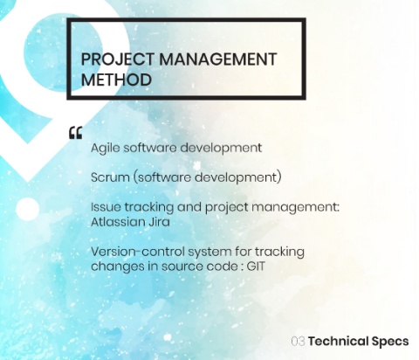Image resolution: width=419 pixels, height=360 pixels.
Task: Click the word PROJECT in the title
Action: (x=117, y=59)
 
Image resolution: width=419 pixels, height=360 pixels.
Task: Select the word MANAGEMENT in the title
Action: (x=218, y=59)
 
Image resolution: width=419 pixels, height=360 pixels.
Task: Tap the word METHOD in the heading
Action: (x=116, y=80)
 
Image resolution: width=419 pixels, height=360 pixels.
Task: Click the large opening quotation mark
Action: (x=76, y=133)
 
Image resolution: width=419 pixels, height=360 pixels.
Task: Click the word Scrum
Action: (x=110, y=177)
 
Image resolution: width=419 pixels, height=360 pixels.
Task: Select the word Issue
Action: (x=106, y=207)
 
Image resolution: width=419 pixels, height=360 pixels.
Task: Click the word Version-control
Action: (x=138, y=252)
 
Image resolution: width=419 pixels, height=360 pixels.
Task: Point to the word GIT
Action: (x=256, y=267)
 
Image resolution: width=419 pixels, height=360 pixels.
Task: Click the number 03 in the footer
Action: (x=299, y=341)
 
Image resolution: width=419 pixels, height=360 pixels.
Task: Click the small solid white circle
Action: (x=27, y=209)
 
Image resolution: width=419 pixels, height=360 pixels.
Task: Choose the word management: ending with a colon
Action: (x=296, y=208)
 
